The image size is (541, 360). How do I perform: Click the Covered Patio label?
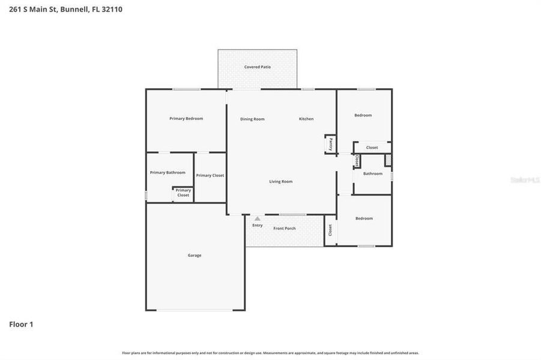257,67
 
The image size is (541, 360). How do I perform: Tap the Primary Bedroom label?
186,119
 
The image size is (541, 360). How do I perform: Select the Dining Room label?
252,119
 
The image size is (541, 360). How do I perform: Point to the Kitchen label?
306,119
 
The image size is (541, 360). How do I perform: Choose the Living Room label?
280,181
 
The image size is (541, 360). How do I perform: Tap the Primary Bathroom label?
168,173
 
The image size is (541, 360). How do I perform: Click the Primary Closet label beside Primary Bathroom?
210,176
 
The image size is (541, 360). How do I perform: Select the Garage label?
195,256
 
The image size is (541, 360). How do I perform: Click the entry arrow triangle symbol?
257,219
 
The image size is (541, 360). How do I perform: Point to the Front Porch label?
285,229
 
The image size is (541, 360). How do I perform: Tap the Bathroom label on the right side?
372,174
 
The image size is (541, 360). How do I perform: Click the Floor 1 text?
21,325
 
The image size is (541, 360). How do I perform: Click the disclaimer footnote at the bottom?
270,353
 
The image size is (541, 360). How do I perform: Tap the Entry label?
257,226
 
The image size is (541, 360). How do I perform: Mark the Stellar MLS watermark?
524,180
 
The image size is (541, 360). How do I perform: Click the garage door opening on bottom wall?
195,310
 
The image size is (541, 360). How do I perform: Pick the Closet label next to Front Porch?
330,230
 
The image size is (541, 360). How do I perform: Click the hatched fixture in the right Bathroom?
388,160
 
